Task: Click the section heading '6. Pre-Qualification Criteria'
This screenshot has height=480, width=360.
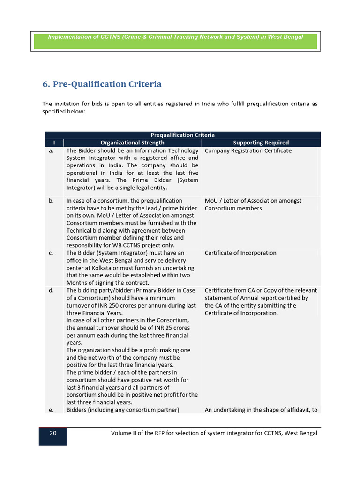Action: (102, 84)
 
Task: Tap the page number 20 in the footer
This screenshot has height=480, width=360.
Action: (53, 433)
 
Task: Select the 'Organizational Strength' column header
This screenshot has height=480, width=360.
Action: (132, 142)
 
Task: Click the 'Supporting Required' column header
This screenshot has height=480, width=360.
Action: (261, 142)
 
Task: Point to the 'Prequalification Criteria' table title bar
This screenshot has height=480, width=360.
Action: (182, 135)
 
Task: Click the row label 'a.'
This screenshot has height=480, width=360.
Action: (51, 151)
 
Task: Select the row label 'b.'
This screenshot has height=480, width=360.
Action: (51, 201)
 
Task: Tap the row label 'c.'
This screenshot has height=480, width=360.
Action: (51, 253)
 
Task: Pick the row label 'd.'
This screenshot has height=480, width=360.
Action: (51, 291)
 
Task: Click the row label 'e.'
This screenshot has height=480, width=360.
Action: (51, 410)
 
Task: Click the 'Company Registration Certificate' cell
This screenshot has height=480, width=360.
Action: (248, 151)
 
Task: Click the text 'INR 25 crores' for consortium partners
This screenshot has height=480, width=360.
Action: (171, 328)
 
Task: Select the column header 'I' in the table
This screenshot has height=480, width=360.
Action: (54, 142)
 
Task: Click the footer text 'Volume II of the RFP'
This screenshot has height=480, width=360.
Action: (139, 433)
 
